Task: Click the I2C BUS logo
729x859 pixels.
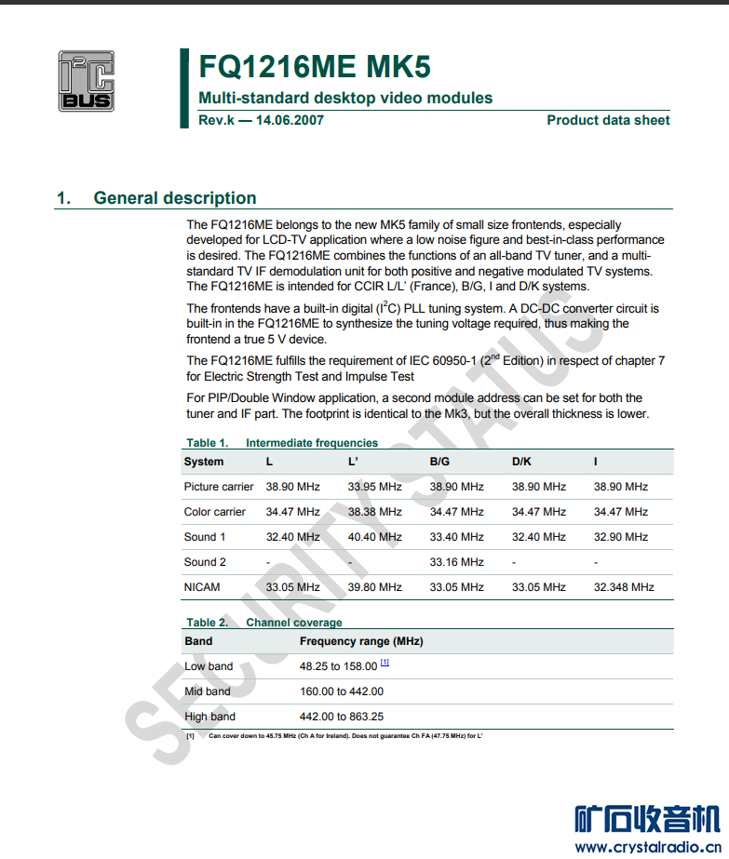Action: (x=86, y=81)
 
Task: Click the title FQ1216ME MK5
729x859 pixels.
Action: (x=315, y=67)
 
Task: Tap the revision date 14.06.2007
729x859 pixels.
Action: (x=290, y=120)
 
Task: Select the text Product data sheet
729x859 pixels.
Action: (x=608, y=120)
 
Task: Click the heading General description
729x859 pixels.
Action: (x=175, y=198)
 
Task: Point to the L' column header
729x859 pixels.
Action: (x=354, y=462)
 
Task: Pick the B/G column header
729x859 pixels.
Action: (x=439, y=462)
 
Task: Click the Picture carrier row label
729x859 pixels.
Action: (x=219, y=487)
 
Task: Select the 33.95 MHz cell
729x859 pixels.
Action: (x=374, y=487)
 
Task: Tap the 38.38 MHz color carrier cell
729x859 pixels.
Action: (x=374, y=512)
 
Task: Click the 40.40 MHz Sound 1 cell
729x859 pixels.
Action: (x=374, y=537)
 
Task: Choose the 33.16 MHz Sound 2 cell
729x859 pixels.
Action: (x=456, y=562)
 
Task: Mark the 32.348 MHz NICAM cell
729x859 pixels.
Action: (x=624, y=587)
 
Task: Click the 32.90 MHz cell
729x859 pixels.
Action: (x=620, y=537)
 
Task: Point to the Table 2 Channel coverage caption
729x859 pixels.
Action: (x=263, y=623)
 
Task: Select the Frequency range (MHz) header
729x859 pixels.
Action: (x=361, y=641)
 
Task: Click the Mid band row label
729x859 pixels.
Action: (x=208, y=691)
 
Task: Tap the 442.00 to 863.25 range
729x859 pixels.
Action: (x=342, y=717)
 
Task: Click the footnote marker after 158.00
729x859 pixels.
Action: (x=385, y=664)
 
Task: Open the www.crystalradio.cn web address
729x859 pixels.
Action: (x=647, y=846)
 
